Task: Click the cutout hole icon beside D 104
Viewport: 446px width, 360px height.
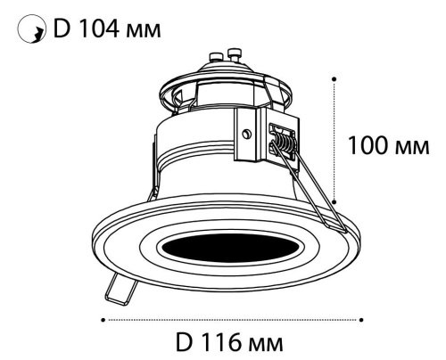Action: [32, 29]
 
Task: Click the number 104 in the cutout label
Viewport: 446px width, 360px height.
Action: [100, 29]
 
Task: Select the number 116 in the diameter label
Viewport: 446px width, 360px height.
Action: [220, 342]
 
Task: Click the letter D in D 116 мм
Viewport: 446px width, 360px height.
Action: [185, 342]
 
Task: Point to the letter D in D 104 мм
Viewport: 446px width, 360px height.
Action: [62, 29]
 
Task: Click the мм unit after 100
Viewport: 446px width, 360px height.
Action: [412, 148]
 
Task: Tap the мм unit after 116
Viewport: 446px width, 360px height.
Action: [266, 345]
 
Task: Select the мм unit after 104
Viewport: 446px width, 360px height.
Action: [144, 31]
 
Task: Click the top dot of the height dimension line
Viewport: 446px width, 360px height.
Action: [334, 79]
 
